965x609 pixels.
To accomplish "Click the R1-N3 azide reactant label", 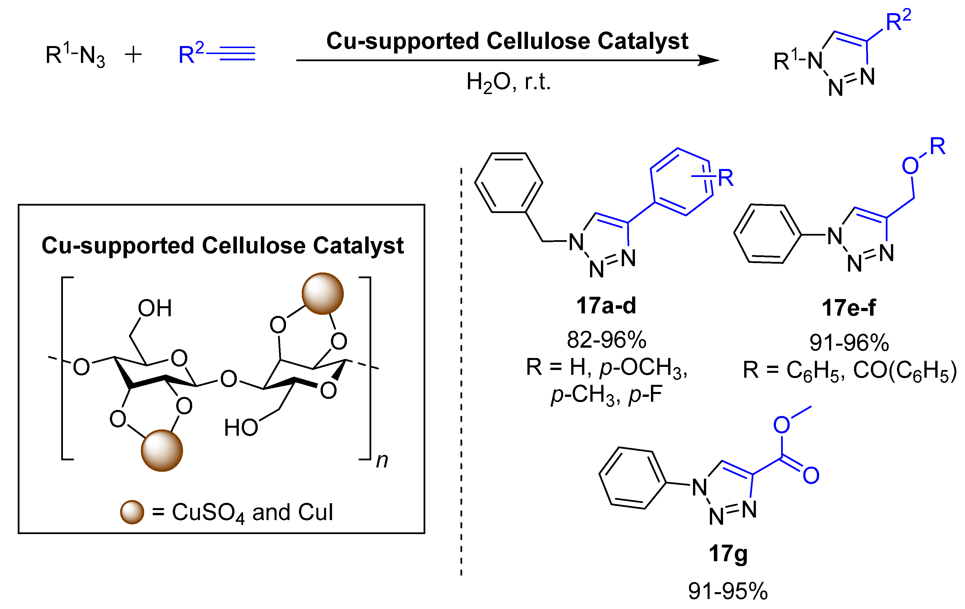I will [75, 56].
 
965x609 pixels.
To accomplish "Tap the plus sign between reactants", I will [134, 55].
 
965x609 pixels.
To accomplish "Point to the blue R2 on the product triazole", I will [898, 22].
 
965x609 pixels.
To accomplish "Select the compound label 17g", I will [728, 554].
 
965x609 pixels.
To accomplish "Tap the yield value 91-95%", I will [728, 591].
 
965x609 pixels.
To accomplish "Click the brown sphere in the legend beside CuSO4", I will [132, 512].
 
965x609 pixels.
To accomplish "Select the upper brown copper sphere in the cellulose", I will [323, 294].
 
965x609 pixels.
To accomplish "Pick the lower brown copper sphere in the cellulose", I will [162, 450].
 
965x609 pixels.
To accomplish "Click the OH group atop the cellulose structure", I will [155, 309].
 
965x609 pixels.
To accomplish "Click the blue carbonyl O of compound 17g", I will [811, 475].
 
